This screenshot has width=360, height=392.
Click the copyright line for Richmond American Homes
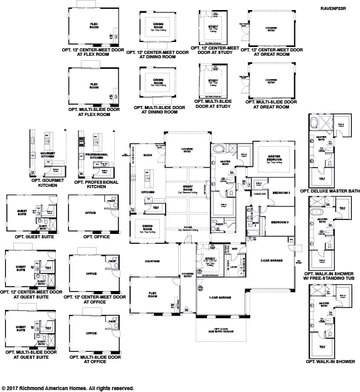tap(68, 388)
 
